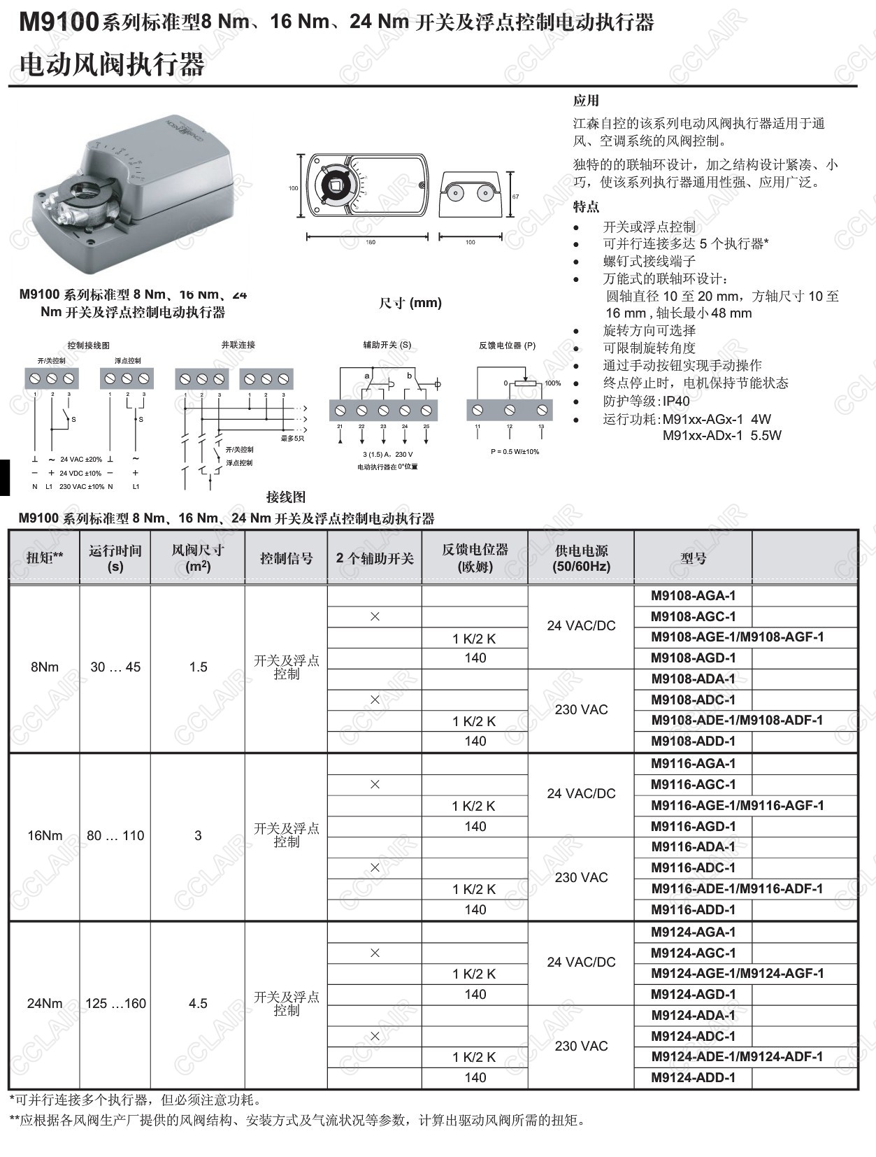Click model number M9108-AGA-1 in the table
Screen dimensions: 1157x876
click(693, 596)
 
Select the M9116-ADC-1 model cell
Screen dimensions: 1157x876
click(693, 868)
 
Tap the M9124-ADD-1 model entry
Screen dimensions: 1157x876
click(693, 1077)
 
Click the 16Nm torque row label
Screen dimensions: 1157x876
click(45, 835)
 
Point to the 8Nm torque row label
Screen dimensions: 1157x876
click(45, 667)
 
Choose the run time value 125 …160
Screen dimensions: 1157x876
click(115, 1003)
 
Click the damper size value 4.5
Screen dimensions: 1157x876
click(198, 1003)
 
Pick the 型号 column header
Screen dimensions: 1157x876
click(693, 558)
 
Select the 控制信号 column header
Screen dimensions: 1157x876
click(286, 558)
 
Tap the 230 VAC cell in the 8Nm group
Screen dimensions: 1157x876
click(581, 709)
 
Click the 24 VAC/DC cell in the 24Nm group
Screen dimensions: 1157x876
click(581, 962)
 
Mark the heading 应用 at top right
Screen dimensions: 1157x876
click(586, 101)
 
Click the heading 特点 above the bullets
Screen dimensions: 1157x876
click(586, 207)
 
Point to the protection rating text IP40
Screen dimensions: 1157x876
click(676, 401)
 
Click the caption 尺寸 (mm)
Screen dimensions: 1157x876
click(410, 303)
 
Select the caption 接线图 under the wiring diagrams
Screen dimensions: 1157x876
click(286, 497)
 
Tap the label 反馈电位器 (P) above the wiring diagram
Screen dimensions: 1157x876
click(507, 345)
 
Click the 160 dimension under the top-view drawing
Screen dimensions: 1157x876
click(371, 242)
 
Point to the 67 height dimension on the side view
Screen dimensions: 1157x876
click(516, 197)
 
